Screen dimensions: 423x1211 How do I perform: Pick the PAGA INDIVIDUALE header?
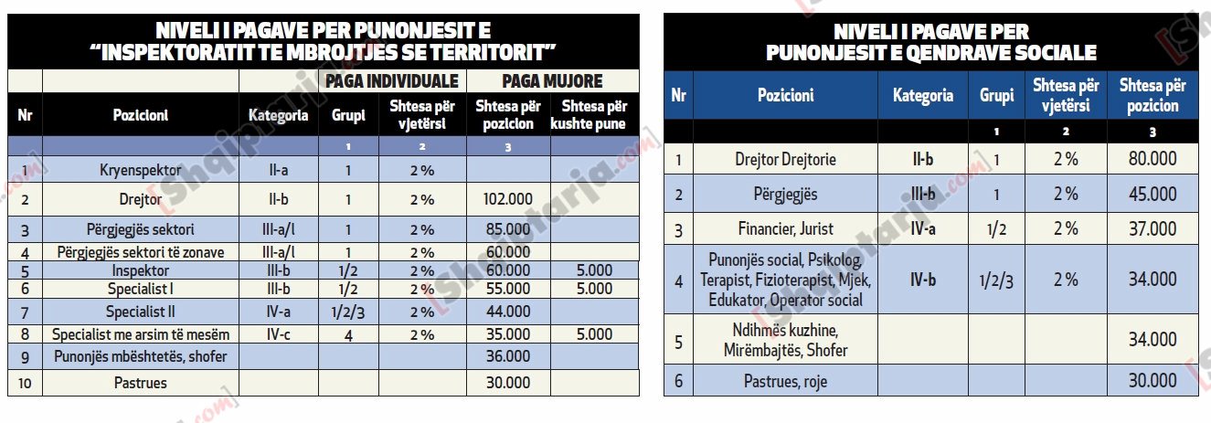(392, 81)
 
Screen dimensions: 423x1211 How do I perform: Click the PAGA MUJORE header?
(553, 81)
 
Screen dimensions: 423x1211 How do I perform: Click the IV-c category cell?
(278, 334)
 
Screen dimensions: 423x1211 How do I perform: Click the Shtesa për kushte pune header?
(594, 115)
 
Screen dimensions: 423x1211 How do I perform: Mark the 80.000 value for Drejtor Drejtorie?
(1153, 159)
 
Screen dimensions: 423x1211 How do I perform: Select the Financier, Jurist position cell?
(785, 228)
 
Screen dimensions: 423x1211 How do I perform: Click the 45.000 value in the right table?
(1153, 194)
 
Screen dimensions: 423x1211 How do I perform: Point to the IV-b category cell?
(922, 280)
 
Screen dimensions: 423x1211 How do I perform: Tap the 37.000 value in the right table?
(1153, 228)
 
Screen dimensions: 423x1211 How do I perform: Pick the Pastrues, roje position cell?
(785, 381)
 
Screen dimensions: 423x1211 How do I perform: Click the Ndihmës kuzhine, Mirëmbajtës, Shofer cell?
(785, 340)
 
